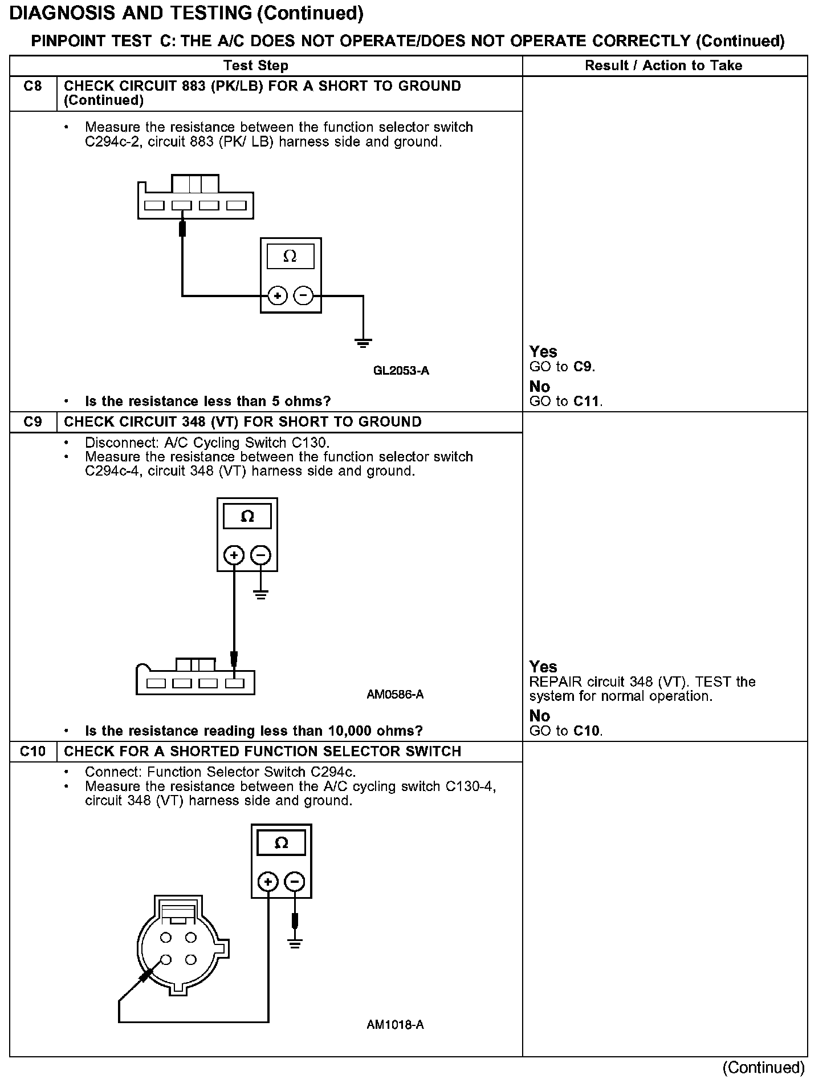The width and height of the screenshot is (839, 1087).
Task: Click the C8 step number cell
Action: point(33,87)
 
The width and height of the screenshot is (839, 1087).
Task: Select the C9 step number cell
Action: point(33,422)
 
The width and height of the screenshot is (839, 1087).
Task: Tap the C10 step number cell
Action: point(33,751)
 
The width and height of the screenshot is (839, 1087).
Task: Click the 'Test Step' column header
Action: point(255,66)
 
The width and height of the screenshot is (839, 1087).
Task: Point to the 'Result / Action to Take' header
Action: point(663,66)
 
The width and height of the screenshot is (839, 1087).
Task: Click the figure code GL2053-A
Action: point(401,371)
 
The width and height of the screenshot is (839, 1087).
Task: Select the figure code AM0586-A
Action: point(395,695)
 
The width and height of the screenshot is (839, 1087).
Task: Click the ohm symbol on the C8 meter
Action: point(290,257)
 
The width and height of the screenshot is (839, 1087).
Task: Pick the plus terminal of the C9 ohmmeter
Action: point(234,555)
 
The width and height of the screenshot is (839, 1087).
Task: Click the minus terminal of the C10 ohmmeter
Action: point(294,882)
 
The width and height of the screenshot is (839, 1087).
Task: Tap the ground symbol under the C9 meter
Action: point(260,595)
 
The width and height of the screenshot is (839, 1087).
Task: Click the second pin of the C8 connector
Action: point(182,205)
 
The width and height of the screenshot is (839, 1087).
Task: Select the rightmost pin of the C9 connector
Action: point(234,683)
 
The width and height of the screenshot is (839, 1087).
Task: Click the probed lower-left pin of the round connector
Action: point(166,960)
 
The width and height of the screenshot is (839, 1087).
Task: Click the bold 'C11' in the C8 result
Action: point(587,401)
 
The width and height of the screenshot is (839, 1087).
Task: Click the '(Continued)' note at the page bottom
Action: point(763,1068)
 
